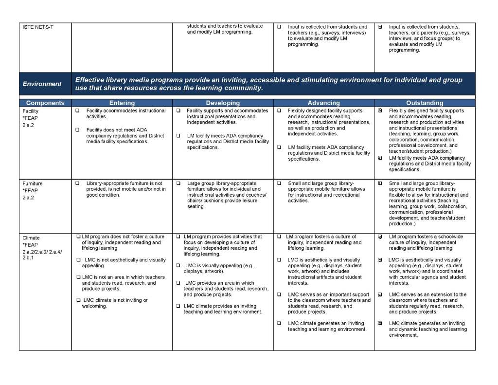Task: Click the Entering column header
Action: [122, 103]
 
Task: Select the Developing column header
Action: [223, 103]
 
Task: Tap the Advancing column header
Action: [323, 103]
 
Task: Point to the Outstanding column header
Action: [425, 103]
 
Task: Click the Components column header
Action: [45, 103]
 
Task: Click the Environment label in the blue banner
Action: [42, 84]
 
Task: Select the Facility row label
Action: [30, 111]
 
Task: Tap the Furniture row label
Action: [33, 183]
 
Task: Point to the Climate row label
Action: [31, 238]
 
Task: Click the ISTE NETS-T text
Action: [38, 27]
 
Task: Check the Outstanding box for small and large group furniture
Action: [380, 183]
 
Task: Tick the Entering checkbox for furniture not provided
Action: [77, 183]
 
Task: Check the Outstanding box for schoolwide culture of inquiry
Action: [380, 237]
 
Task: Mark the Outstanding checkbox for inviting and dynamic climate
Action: [380, 323]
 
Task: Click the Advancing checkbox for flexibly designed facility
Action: [279, 111]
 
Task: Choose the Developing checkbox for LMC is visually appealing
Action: [178, 266]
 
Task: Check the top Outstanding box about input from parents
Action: [380, 27]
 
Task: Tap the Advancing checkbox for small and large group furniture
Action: [279, 183]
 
